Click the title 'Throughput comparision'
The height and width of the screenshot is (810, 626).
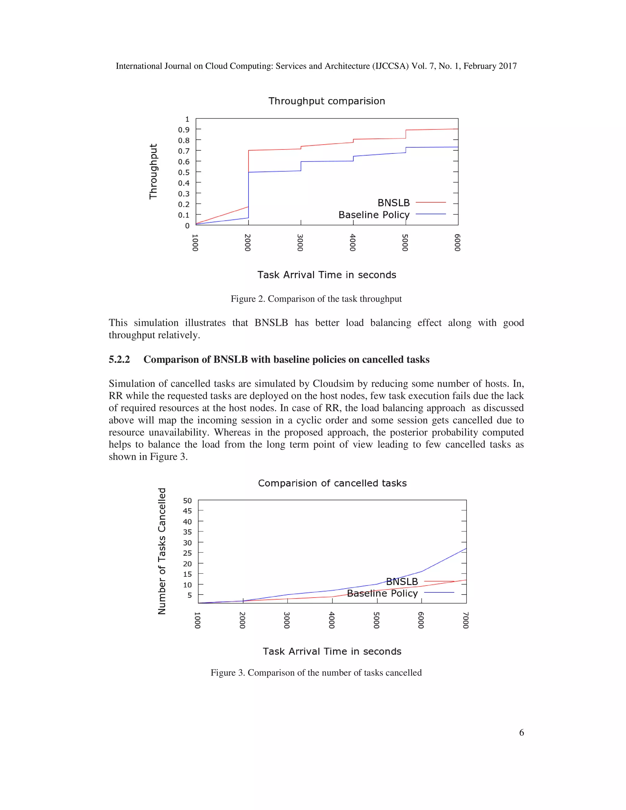tap(326, 101)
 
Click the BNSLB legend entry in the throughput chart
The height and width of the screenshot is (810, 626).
tap(393, 203)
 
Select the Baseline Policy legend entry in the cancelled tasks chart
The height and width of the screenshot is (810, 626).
tap(382, 593)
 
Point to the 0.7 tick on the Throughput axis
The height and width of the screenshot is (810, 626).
tap(184, 151)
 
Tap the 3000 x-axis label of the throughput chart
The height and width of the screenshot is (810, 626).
tap(300, 243)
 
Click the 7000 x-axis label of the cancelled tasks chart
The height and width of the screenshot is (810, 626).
tap(466, 620)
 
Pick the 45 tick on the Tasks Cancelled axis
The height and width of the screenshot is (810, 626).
tap(187, 511)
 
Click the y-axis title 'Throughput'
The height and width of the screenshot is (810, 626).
tap(153, 171)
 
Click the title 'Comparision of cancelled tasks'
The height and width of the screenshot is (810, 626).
tap(332, 483)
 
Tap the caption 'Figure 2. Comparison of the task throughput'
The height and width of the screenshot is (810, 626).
tap(316, 299)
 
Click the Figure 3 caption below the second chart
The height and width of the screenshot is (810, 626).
tap(316, 672)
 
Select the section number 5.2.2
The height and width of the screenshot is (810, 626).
tap(119, 359)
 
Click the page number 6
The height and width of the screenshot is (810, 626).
tap(521, 732)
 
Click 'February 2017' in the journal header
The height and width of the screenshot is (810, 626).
tap(490, 66)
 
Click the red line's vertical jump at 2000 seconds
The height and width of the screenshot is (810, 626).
tap(248, 178)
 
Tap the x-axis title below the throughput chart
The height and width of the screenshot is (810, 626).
tap(326, 275)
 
